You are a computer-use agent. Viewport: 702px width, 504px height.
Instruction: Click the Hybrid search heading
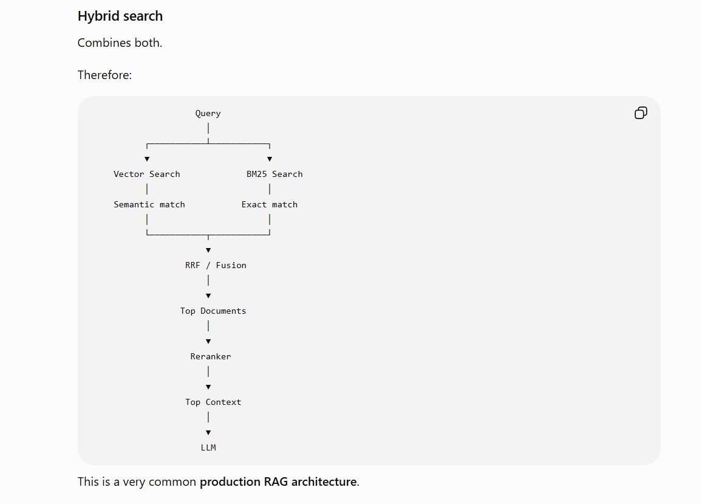pos(120,16)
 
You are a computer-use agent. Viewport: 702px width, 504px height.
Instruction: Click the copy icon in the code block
pos(641,113)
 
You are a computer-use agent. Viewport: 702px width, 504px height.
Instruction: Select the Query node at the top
pos(208,114)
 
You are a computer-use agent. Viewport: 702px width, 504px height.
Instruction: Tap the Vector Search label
pos(147,174)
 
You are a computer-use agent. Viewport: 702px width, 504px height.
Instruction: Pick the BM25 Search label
pos(274,174)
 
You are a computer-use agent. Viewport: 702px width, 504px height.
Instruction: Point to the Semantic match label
pos(149,204)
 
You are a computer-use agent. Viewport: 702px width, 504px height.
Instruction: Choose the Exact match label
pos(270,204)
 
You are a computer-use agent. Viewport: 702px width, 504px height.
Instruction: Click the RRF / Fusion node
pos(216,266)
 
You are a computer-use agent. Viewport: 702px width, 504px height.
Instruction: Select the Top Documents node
pos(213,311)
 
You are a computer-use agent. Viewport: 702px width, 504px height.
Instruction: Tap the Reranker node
pos(211,356)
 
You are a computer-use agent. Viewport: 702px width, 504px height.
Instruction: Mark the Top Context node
pos(213,402)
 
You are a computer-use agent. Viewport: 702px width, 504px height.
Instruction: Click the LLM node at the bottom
pos(208,447)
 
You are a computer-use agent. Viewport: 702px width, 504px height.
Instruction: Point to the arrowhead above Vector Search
pos(147,159)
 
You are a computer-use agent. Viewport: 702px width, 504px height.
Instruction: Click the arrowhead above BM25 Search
pos(270,159)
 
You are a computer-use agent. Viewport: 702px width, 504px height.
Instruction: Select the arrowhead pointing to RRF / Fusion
pos(208,250)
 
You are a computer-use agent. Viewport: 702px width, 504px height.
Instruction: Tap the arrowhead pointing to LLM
pos(208,433)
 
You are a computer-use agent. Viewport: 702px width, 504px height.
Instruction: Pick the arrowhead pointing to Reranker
pos(208,342)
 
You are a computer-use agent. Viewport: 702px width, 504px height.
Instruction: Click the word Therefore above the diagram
pos(104,75)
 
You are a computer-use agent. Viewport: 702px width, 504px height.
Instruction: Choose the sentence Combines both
pos(120,43)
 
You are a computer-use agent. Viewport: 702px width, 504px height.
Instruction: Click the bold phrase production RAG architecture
pos(279,482)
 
